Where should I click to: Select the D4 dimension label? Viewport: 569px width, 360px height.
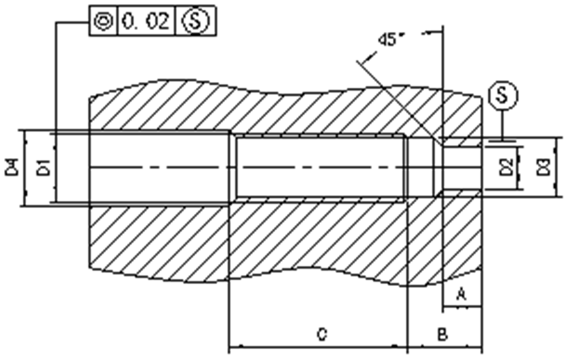point(12,168)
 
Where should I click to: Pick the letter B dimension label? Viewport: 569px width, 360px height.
point(442,334)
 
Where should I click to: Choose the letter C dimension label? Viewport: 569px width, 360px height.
point(321,334)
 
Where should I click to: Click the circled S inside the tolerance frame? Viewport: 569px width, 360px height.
point(195,21)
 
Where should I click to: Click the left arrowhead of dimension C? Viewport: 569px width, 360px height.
point(233,345)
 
